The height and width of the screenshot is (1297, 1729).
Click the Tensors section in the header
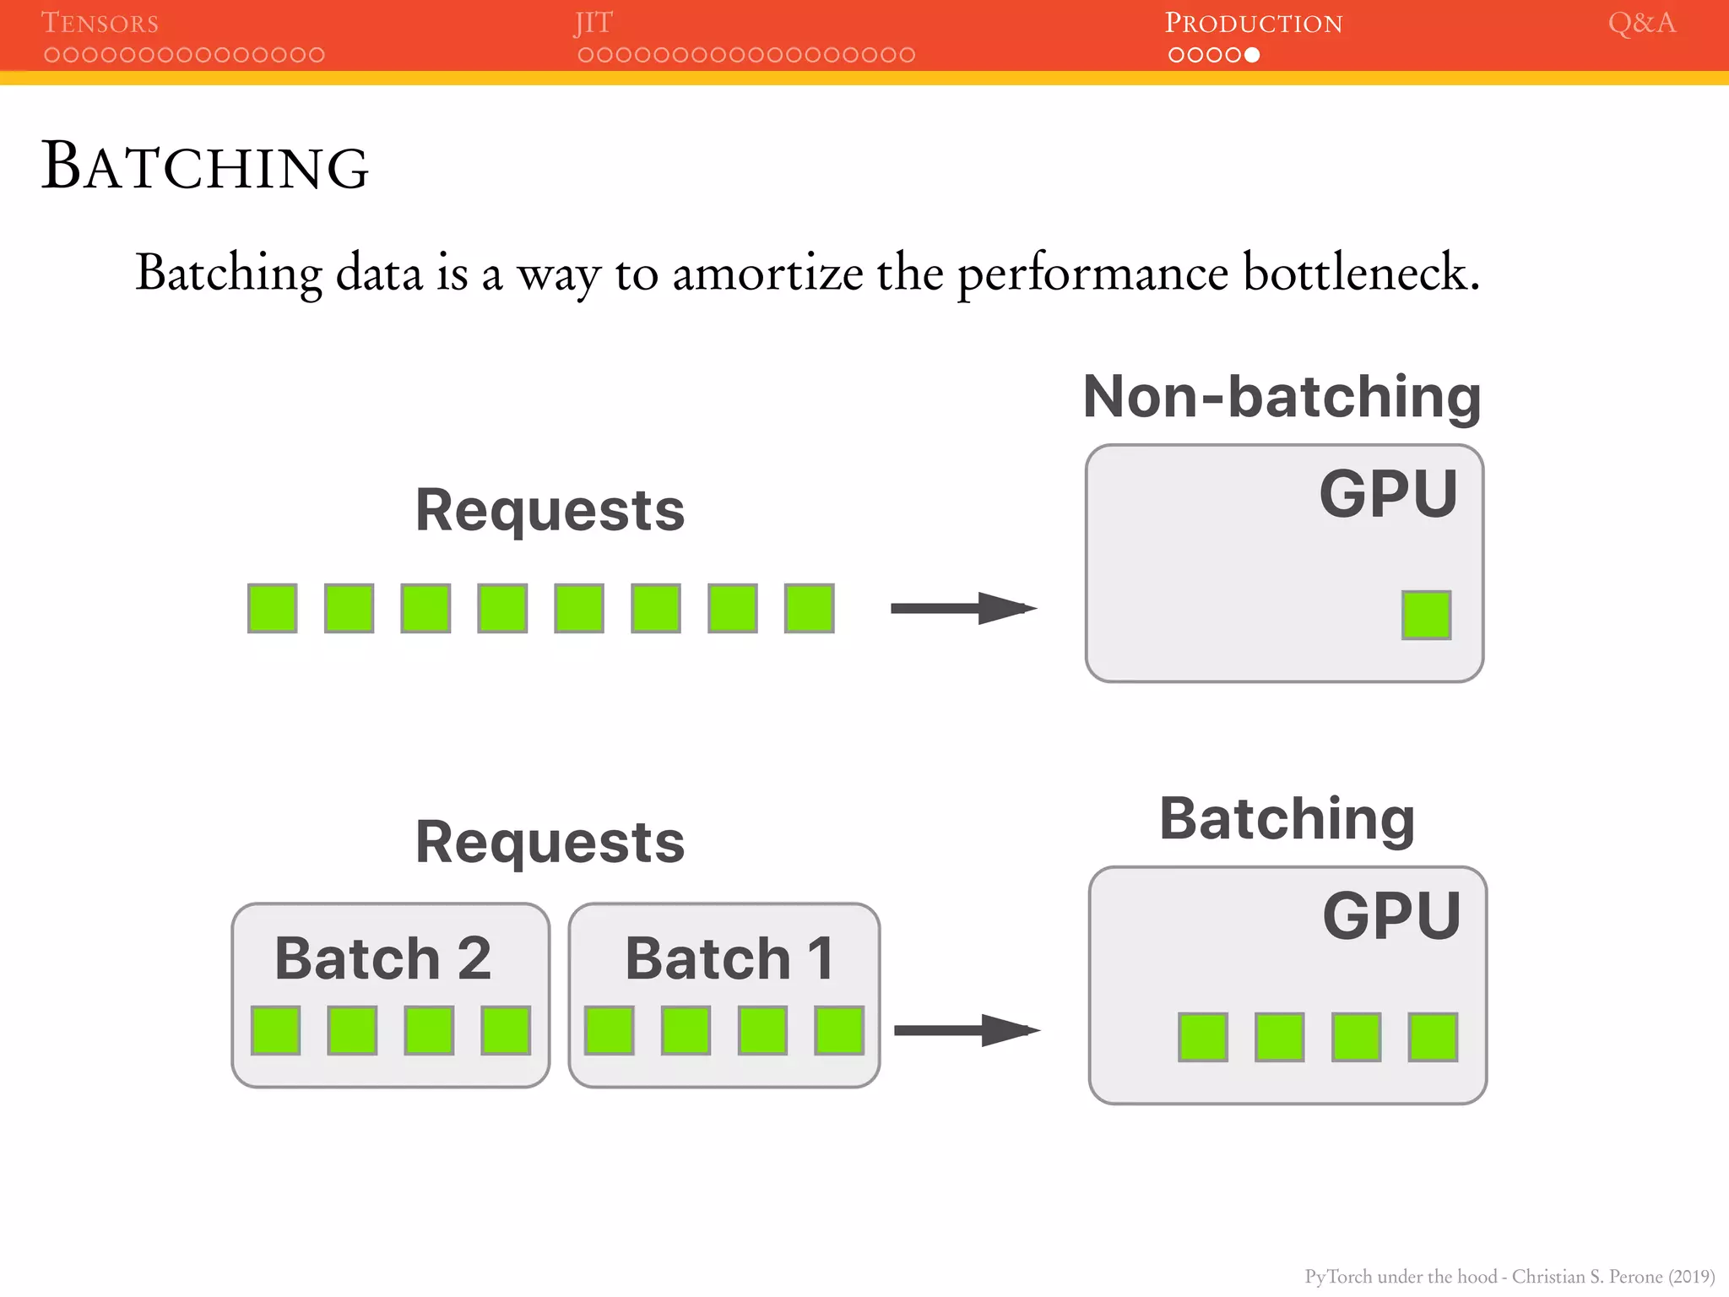(x=100, y=23)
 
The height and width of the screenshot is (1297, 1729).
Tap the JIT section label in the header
(x=593, y=23)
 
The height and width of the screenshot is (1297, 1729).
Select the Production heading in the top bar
(x=1254, y=23)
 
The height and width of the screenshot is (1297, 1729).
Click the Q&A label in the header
(x=1641, y=23)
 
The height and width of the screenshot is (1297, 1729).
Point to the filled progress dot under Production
(x=1252, y=55)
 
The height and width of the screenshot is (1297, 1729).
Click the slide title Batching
(x=205, y=166)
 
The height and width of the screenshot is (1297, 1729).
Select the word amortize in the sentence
(x=767, y=274)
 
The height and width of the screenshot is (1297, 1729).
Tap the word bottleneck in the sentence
(x=1361, y=274)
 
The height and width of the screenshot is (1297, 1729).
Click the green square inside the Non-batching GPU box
(x=1426, y=615)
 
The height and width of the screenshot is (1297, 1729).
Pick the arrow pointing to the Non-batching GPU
(x=963, y=608)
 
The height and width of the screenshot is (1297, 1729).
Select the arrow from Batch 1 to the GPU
(x=967, y=1030)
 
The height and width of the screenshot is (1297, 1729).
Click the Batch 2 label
(x=382, y=958)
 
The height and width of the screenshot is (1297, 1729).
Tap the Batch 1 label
(x=729, y=958)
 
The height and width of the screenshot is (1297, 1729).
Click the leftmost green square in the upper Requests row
(x=273, y=608)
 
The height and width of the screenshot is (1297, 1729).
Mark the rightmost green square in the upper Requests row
(x=809, y=608)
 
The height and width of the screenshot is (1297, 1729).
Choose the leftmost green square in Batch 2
(x=276, y=1030)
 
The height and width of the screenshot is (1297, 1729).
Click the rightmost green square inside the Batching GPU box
(x=1433, y=1037)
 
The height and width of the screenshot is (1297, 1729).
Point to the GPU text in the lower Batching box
(x=1391, y=916)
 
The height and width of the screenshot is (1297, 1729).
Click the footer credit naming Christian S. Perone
(x=1509, y=1276)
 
